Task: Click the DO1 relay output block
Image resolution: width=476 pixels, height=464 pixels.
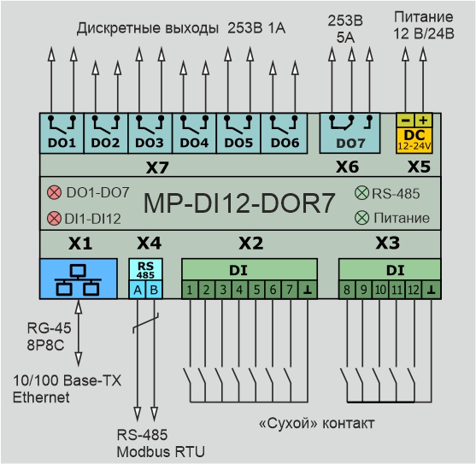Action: click(x=62, y=133)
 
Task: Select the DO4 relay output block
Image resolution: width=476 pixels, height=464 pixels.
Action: click(x=194, y=133)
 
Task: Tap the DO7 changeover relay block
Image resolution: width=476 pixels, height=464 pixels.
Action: click(x=350, y=133)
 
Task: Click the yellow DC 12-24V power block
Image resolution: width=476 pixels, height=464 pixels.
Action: click(x=414, y=133)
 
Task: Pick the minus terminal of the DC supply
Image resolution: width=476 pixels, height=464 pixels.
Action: click(x=405, y=120)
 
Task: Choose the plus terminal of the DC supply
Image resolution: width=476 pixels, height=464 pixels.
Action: click(x=423, y=120)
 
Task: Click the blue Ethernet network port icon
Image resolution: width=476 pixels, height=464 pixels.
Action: click(x=79, y=279)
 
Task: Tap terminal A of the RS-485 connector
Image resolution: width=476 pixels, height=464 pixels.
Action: click(x=138, y=290)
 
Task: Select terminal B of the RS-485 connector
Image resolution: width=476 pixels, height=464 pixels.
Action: click(x=154, y=290)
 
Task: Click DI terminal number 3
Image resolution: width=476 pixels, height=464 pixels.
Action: click(x=223, y=290)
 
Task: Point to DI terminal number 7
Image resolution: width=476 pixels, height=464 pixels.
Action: click(x=290, y=290)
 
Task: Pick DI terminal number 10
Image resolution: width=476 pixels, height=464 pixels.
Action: click(x=380, y=290)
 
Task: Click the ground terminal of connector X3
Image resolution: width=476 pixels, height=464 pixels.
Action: click(x=432, y=290)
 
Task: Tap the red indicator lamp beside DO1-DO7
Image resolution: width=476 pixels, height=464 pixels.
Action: click(x=55, y=192)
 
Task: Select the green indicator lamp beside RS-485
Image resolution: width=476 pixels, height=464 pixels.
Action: click(x=361, y=193)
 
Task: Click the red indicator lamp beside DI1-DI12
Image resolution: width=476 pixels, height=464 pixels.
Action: click(x=55, y=219)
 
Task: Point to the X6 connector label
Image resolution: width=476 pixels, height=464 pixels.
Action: click(x=347, y=167)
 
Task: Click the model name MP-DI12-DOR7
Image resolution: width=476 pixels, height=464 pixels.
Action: click(x=239, y=203)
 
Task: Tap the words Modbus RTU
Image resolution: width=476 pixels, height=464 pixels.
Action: click(x=161, y=452)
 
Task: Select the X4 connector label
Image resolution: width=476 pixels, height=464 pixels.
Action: click(x=149, y=243)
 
